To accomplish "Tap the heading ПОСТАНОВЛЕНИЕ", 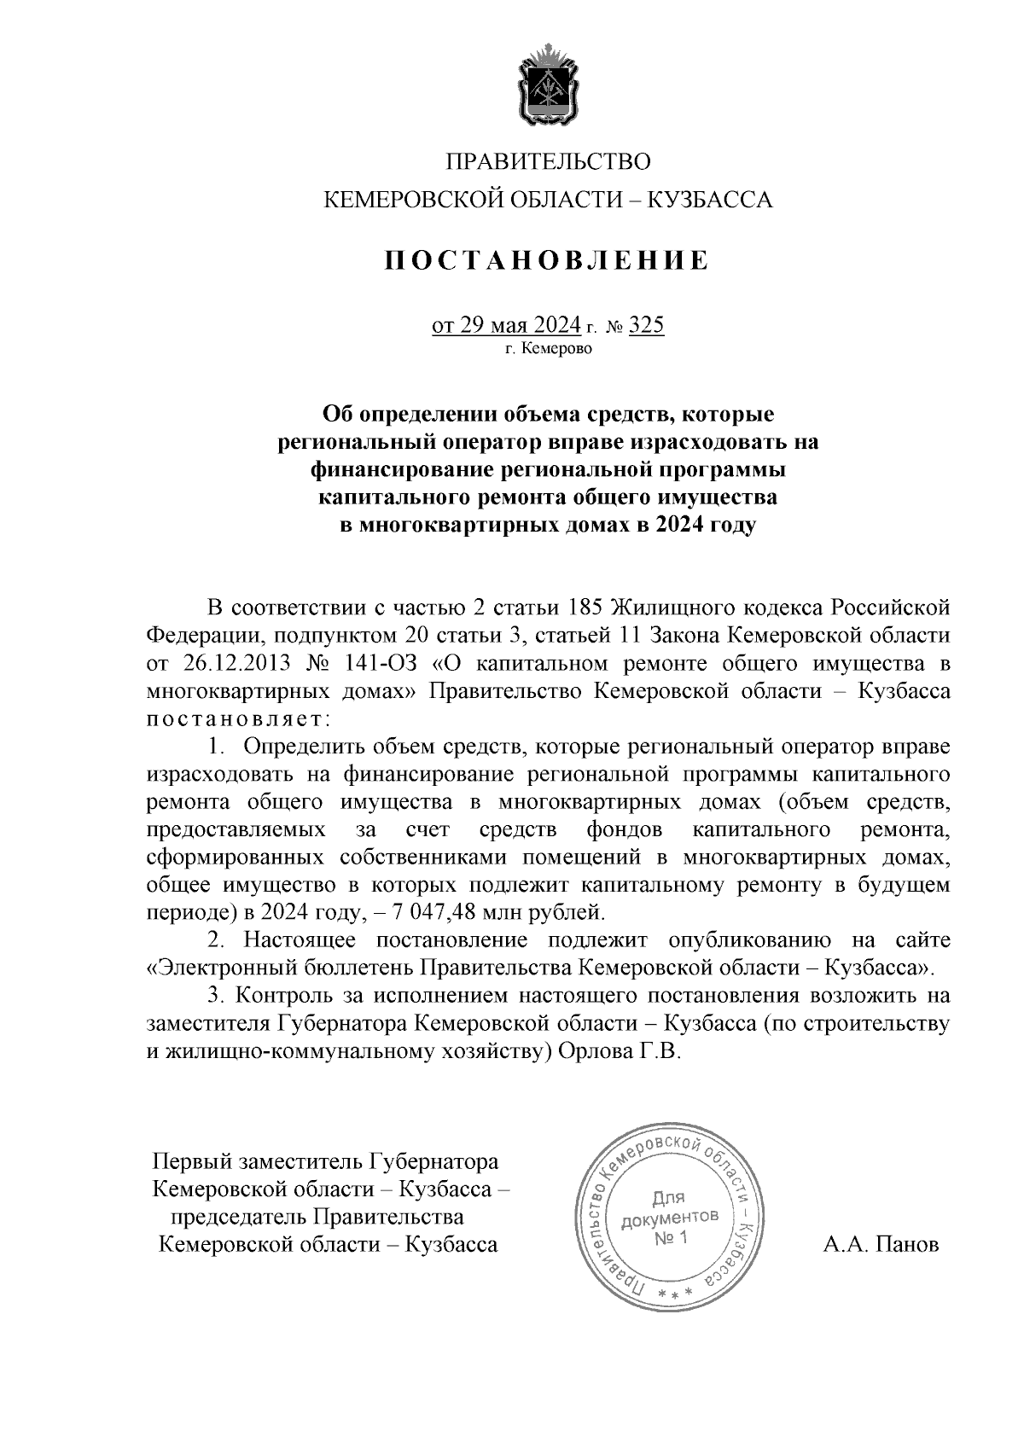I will tap(546, 260).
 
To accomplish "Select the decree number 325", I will tap(646, 326).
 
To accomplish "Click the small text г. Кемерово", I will tap(549, 349).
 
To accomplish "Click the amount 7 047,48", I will tap(436, 911).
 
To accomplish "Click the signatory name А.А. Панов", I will tap(881, 1245).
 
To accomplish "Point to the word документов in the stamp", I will tap(670, 1218).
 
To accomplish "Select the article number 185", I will tap(585, 608).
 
